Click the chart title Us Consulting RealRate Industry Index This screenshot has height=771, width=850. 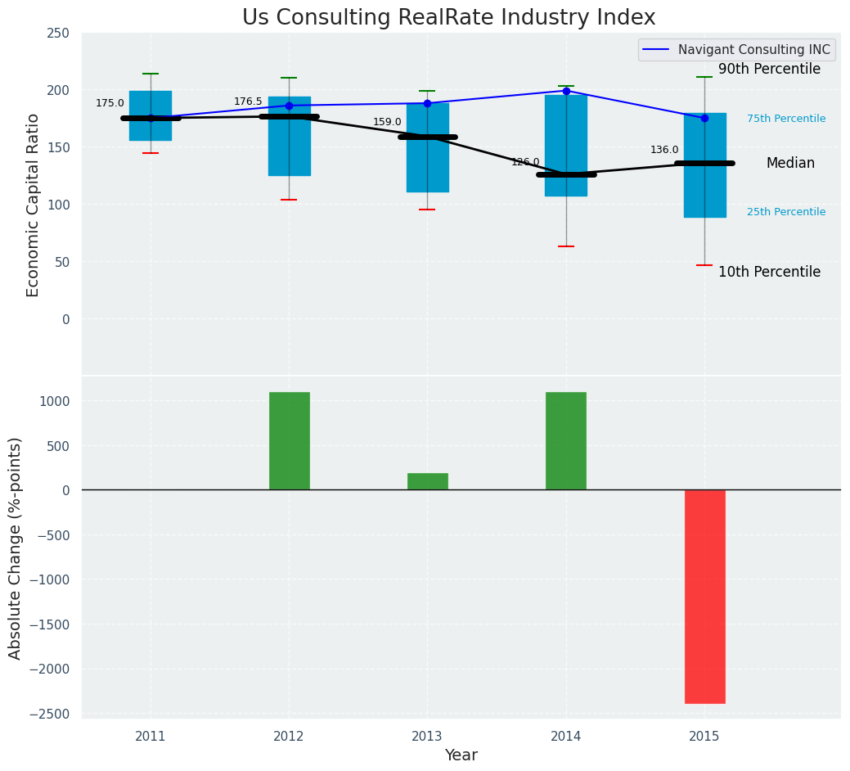click(x=448, y=18)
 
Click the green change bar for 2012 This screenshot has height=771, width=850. click(x=289, y=441)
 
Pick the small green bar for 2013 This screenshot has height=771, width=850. click(x=427, y=481)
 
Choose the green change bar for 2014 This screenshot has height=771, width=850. click(x=566, y=441)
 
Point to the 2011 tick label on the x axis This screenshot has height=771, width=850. click(x=151, y=737)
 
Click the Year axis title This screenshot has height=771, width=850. click(x=461, y=755)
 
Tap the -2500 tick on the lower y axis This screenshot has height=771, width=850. click(x=52, y=714)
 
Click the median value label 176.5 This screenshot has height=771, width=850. click(x=248, y=102)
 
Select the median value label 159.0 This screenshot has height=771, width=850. click(x=387, y=123)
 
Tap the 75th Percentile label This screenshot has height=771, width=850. click(x=785, y=119)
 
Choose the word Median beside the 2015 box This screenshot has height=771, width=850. click(x=790, y=164)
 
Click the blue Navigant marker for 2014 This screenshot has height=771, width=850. click(x=566, y=91)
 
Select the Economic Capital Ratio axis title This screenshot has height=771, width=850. click(x=34, y=205)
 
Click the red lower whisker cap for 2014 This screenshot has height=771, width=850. click(x=566, y=246)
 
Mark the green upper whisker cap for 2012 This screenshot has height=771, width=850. click(x=289, y=78)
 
